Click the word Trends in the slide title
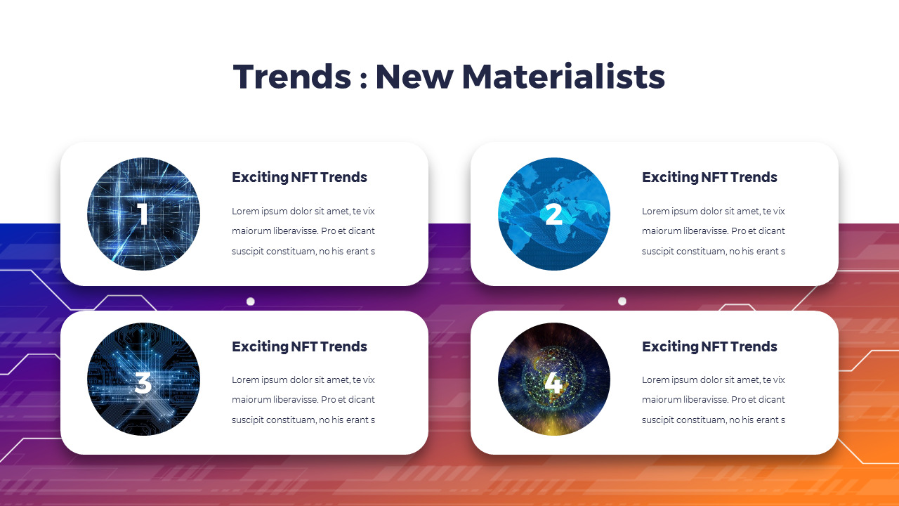tap(291, 77)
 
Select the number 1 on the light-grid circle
tap(143, 214)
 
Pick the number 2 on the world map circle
tap(553, 214)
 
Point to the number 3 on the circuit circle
tap(143, 383)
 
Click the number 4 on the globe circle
tap(553, 383)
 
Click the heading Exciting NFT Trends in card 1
tap(299, 178)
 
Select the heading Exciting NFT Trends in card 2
tap(709, 178)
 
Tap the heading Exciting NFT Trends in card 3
tap(299, 346)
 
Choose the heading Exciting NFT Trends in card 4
tap(709, 346)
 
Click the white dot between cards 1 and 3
tap(250, 301)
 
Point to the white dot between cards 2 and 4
tap(622, 301)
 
